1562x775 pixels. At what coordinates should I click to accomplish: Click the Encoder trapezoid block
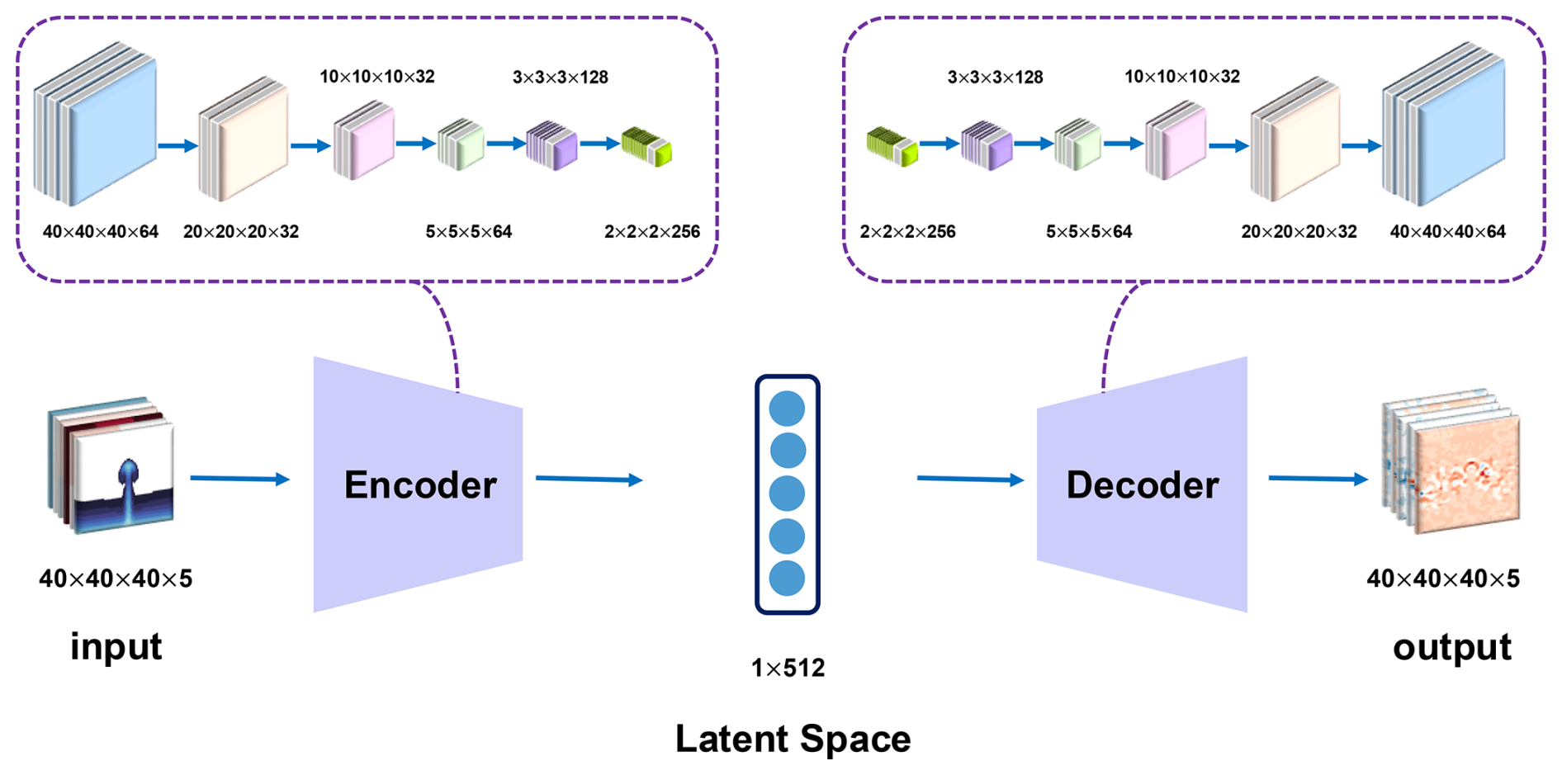[418, 484]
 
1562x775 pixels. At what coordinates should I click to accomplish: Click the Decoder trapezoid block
[1142, 484]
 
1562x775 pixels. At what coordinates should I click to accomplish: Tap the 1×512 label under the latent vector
[788, 668]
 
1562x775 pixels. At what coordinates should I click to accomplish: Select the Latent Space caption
[793, 739]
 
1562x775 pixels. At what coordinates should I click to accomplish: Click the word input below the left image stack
[116, 646]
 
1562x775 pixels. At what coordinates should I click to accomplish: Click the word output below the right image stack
[1451, 647]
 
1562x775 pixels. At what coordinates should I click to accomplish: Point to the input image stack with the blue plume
[112, 465]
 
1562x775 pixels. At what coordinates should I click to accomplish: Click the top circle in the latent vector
[787, 409]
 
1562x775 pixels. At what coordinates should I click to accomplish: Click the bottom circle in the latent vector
[787, 579]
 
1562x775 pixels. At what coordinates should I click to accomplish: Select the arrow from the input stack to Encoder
[239, 479]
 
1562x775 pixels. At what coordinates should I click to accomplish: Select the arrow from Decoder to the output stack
[1318, 479]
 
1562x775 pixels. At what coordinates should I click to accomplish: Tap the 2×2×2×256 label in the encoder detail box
[652, 232]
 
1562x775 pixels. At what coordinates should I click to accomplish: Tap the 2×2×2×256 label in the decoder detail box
[907, 232]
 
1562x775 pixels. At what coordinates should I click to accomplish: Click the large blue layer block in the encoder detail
[96, 124]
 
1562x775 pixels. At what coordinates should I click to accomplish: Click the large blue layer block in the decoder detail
[1445, 124]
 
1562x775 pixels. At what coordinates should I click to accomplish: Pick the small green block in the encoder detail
[646, 147]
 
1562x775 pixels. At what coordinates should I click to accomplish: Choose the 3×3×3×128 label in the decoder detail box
[995, 78]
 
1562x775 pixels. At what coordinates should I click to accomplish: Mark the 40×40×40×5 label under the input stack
[116, 579]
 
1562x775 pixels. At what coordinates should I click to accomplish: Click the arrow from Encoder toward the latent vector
[589, 479]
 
